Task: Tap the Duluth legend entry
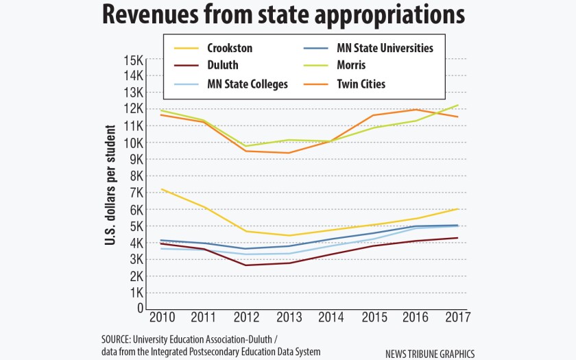coord(224,67)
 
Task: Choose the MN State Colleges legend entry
coord(248,84)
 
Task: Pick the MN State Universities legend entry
coord(385,49)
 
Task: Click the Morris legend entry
coord(351,67)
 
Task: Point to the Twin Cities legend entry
coord(361,84)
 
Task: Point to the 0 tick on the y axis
coord(139,309)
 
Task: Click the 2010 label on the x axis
coord(160,319)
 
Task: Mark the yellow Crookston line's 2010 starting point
coord(160,189)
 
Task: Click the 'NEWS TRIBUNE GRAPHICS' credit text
coord(430,354)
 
